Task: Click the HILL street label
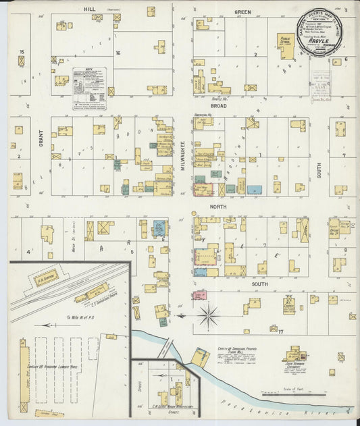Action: point(86,9)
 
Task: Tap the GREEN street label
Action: point(242,12)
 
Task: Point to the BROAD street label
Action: point(217,106)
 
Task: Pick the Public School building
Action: point(284,46)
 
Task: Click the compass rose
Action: point(209,315)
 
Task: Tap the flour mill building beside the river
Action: point(200,356)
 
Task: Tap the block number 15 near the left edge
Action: point(22,52)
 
